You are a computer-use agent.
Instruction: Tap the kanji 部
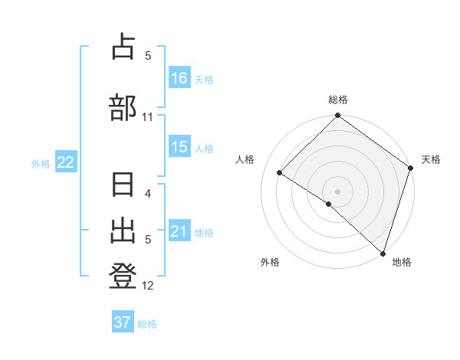click(123, 106)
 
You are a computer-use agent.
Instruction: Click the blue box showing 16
click(179, 78)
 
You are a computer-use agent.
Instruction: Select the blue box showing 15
click(179, 148)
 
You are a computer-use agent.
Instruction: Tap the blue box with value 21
click(179, 231)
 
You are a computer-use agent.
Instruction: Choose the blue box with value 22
click(66, 162)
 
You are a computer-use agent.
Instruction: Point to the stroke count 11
click(148, 117)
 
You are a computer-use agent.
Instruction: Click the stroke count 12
click(148, 286)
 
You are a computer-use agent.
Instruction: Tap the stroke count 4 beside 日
click(148, 194)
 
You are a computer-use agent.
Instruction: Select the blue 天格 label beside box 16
click(204, 79)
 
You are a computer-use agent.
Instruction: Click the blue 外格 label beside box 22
click(41, 163)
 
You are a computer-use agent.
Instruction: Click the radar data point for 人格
click(280, 172)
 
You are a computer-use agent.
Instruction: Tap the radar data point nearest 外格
click(328, 204)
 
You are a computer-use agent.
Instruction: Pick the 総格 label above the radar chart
click(338, 100)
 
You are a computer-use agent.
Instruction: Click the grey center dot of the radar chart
click(337, 191)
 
